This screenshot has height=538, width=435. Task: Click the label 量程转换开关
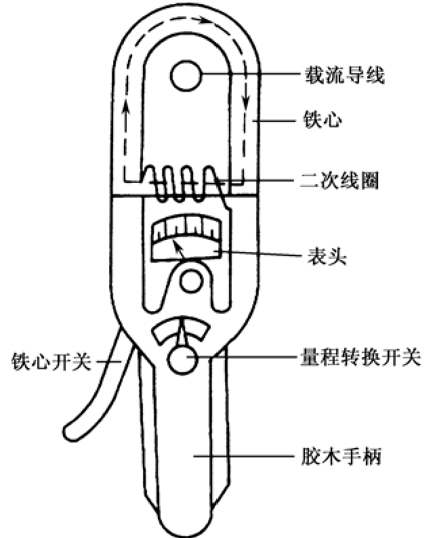[361, 357]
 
